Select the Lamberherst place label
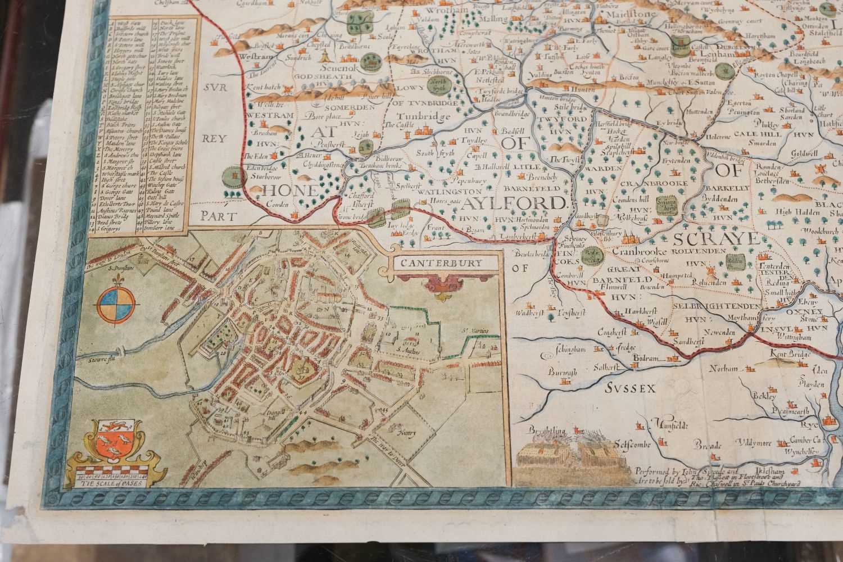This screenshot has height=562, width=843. [x=526, y=239]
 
